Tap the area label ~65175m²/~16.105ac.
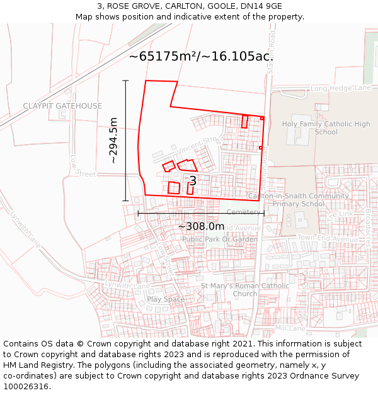tap(201, 56)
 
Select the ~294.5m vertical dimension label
tap(114, 140)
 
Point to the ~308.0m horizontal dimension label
tap(201, 226)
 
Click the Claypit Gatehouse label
tap(62, 106)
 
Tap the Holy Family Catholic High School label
tap(326, 128)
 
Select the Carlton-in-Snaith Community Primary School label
tap(299, 199)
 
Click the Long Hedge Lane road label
tap(340, 89)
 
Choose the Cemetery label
tap(243, 212)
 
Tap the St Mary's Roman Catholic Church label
tap(245, 289)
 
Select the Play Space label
tap(166, 299)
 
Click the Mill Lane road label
tap(290, 328)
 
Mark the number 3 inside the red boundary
tap(193, 181)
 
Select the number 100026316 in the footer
tap(25, 386)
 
